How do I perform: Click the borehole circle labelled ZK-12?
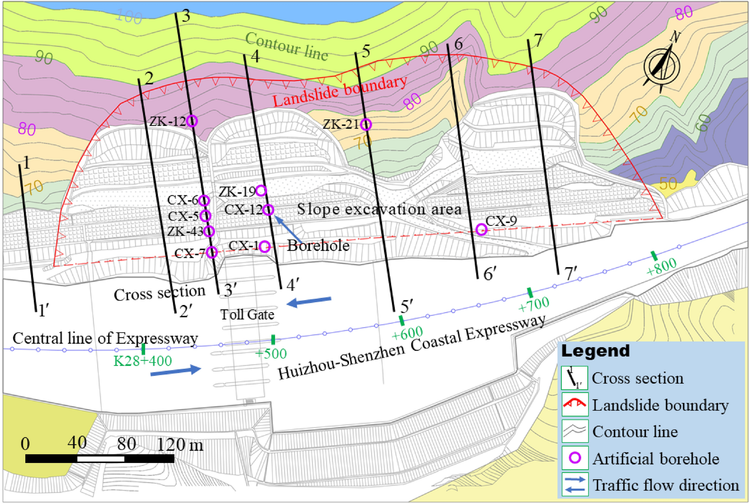point(192,121)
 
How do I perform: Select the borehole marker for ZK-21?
point(366,124)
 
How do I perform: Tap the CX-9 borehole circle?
point(481,229)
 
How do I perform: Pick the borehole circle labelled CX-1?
point(265,246)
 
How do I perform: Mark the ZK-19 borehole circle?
point(261,190)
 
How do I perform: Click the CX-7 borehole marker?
point(212,252)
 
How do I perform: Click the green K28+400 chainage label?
point(142,361)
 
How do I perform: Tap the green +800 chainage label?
point(661,266)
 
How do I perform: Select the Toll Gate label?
point(247,315)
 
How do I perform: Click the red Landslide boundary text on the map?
point(340,91)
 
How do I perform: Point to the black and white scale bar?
point(99,459)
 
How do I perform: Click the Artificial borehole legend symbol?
point(575,458)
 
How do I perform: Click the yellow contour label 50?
point(668,183)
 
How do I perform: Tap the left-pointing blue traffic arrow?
point(309,301)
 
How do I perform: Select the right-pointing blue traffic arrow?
point(176,371)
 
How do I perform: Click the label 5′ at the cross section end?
point(407,306)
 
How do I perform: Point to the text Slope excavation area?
point(379,209)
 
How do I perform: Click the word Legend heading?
point(595,351)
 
